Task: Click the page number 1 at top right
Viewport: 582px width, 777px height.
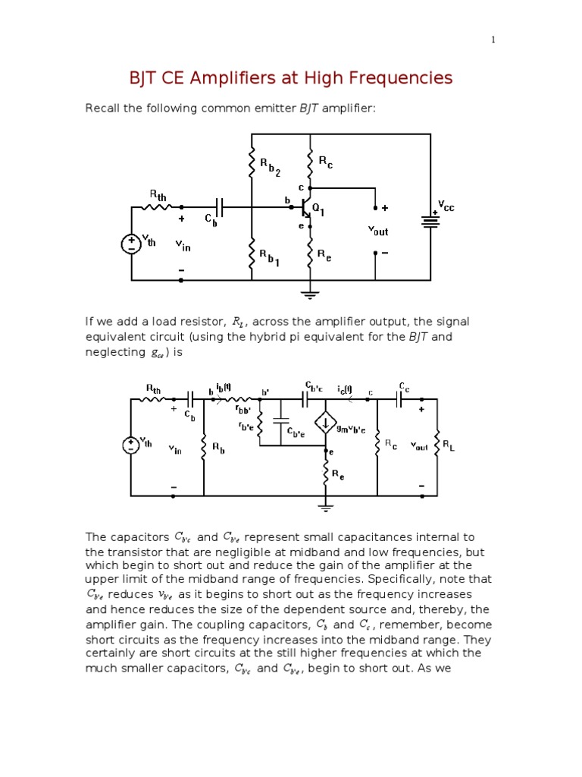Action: tap(493, 39)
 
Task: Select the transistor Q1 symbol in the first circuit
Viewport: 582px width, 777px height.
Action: tap(307, 206)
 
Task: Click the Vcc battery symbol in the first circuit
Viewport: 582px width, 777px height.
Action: tap(430, 221)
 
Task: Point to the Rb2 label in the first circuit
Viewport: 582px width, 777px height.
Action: tap(270, 167)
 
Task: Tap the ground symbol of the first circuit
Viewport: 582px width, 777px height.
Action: tap(309, 293)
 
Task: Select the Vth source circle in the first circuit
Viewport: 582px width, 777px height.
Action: tap(131, 244)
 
